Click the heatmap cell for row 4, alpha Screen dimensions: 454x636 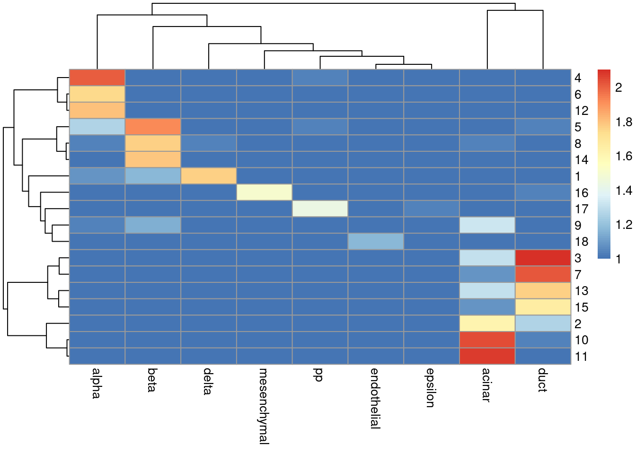(x=97, y=78)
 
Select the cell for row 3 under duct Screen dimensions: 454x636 (x=543, y=258)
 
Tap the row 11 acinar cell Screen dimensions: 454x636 (x=487, y=356)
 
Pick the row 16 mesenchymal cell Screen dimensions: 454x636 (x=264, y=192)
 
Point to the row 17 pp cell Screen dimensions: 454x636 (x=320, y=209)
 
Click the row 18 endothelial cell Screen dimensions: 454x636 (x=376, y=241)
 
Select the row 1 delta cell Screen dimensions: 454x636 (x=208, y=176)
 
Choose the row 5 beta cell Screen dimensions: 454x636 (x=153, y=127)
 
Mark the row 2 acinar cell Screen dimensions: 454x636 (x=487, y=323)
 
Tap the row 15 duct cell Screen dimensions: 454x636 (x=543, y=307)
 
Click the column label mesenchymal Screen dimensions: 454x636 (x=264, y=406)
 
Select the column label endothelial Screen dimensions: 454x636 (x=375, y=398)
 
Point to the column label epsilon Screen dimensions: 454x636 (x=430, y=388)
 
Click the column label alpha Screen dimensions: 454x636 (x=96, y=383)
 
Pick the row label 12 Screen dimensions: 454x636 (x=582, y=111)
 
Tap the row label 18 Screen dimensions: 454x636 (x=582, y=242)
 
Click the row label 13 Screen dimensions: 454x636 (x=582, y=291)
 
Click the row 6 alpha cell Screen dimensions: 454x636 (x=97, y=94)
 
